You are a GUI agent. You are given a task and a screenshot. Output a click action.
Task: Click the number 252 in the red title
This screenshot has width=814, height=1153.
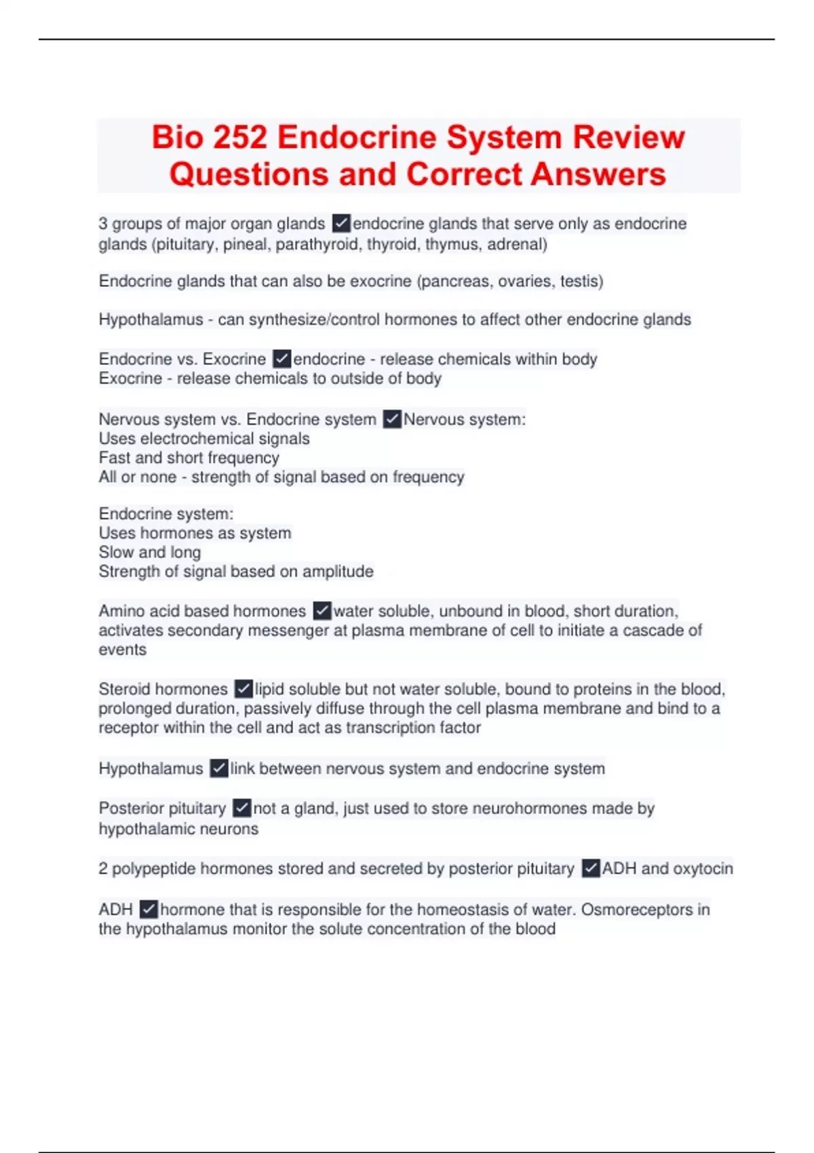[x=239, y=138]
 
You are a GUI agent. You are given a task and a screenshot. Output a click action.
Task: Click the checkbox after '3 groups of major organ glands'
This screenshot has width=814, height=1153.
[x=341, y=223]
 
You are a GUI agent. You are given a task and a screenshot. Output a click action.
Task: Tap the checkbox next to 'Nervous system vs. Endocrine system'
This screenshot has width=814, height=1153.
[x=392, y=419]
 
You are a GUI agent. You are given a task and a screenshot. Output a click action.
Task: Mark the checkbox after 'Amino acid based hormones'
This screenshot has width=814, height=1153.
[x=322, y=610]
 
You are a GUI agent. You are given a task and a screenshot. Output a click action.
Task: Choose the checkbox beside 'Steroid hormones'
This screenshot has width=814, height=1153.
[x=244, y=689]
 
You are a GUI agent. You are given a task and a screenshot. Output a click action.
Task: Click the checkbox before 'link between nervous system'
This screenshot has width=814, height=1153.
[x=219, y=768]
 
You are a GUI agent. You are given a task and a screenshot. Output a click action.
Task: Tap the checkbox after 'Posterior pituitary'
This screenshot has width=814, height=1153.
[x=242, y=808]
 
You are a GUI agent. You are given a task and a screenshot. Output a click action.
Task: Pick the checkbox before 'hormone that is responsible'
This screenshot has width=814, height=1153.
[x=149, y=909]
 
